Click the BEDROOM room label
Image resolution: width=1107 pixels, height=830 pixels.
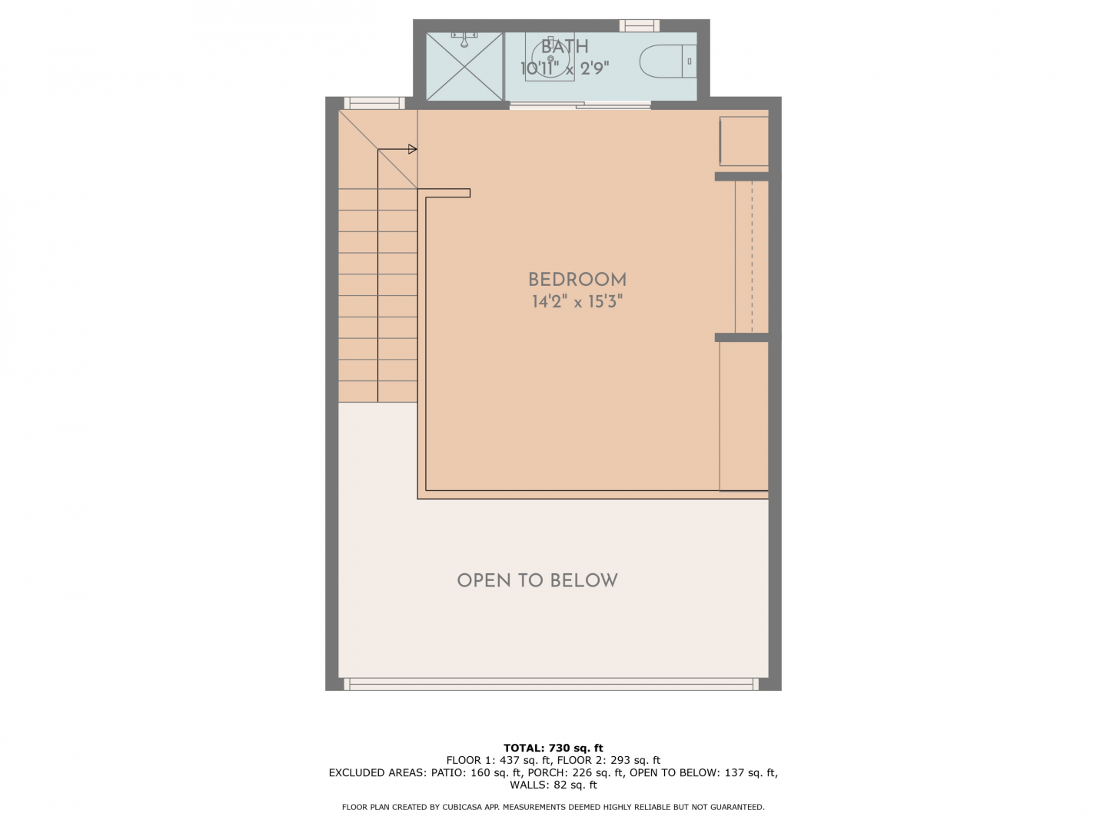(x=577, y=280)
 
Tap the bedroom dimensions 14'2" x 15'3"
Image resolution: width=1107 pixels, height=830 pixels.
(x=577, y=302)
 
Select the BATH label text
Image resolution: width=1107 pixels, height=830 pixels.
(x=564, y=47)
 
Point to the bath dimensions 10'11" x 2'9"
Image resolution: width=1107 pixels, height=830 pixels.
(x=564, y=68)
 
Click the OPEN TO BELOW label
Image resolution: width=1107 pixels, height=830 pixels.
(x=537, y=580)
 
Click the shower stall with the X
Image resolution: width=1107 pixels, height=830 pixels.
(x=464, y=67)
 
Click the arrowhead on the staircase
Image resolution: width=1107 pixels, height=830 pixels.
(x=413, y=149)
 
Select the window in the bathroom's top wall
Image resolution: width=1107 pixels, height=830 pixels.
(x=639, y=25)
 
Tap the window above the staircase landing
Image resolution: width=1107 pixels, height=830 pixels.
(x=374, y=103)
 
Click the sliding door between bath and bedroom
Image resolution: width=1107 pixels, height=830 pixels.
(x=580, y=105)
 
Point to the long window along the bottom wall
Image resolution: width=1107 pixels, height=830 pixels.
(x=550, y=684)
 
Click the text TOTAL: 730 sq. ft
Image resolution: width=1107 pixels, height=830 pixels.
(x=553, y=748)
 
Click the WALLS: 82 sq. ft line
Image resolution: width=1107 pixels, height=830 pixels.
(x=553, y=785)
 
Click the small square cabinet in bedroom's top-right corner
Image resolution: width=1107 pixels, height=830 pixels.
(x=744, y=141)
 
